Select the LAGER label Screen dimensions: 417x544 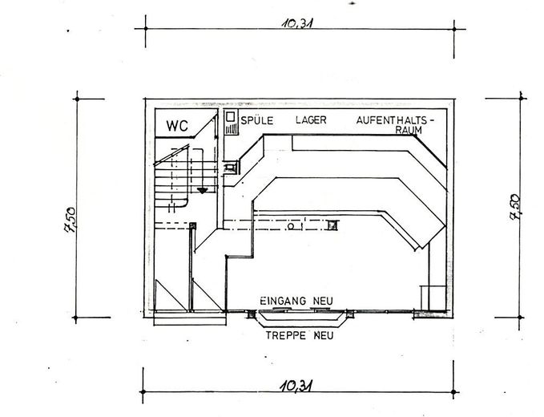311,119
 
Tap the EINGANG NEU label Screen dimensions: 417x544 296,301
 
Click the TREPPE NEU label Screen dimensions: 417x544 300,334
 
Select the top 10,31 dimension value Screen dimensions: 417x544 296,24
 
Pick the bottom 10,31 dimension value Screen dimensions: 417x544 296,386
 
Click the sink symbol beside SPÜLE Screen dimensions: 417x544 231,123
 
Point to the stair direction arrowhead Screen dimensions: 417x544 203,190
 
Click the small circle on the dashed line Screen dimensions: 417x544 291,226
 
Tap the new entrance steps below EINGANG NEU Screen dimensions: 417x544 300,320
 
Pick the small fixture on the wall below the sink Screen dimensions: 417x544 231,168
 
